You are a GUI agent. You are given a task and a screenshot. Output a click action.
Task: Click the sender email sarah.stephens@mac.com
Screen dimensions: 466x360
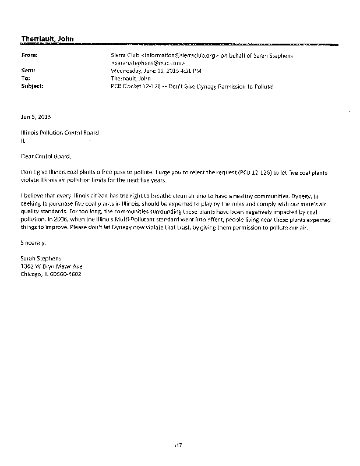tap(149, 62)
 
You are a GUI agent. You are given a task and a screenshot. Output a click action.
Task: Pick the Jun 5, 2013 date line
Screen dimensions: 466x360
tap(32, 116)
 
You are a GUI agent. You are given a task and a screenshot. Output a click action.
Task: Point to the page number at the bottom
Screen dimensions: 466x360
tap(179, 445)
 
